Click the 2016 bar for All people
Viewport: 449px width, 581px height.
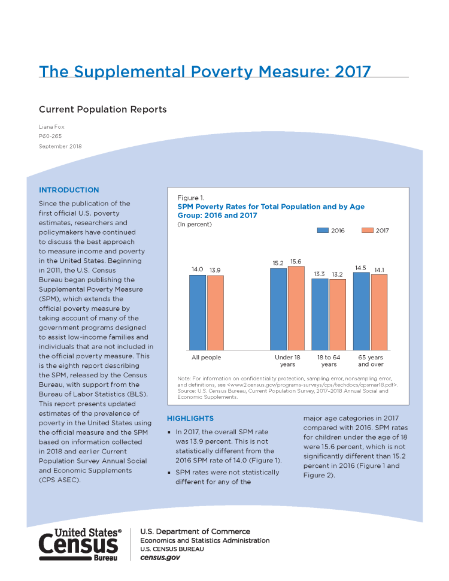[198, 312]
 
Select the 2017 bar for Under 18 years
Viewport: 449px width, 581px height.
[296, 308]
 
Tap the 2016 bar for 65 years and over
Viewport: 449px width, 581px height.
[362, 311]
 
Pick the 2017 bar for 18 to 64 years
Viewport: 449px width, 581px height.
[338, 314]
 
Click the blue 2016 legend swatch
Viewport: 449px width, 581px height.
[323, 231]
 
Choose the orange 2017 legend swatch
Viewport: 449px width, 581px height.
[368, 231]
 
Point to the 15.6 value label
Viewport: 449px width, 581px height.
[296, 262]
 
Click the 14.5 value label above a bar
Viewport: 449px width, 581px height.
[360, 268]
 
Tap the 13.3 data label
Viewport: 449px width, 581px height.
[319, 274]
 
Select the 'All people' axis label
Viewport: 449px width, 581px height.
[207, 357]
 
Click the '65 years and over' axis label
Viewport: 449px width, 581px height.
[371, 361]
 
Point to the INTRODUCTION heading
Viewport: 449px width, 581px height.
[69, 190]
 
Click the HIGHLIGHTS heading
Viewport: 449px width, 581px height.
[190, 418]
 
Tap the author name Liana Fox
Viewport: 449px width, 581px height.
[51, 127]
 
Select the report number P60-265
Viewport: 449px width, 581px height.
[50, 136]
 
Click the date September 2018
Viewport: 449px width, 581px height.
[60, 146]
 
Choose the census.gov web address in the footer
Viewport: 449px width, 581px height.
[160, 558]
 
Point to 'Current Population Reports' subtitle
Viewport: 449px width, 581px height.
[102, 109]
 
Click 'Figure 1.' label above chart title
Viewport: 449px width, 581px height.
[191, 198]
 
